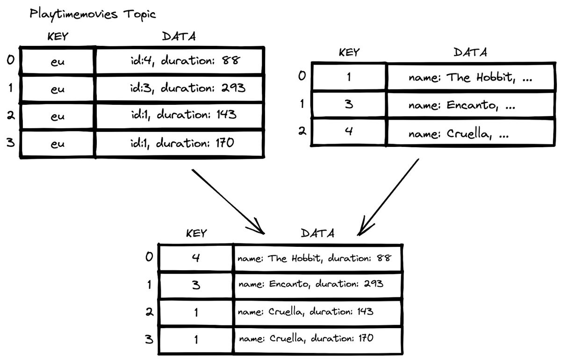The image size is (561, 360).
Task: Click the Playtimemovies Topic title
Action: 93,14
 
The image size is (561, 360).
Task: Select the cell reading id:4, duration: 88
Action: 180,61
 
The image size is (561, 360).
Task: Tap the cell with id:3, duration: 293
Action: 180,88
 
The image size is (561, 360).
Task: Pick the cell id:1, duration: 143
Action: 180,115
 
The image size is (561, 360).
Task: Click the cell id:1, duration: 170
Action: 180,144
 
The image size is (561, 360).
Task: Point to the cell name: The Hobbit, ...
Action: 470,77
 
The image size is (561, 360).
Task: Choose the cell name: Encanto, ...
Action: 470,105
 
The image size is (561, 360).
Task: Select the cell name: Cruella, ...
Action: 470,132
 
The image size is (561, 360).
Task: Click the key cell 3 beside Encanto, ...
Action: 349,104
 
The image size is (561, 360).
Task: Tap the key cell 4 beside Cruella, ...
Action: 349,131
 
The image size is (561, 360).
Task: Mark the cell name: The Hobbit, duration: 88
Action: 317,258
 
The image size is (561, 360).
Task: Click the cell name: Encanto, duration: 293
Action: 317,285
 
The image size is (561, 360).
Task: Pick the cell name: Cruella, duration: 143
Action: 317,312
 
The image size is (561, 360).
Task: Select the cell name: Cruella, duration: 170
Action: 317,340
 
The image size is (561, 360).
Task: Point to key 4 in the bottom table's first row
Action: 196,258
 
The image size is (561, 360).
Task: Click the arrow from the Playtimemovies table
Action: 228,202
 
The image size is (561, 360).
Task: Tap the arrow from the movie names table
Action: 388,197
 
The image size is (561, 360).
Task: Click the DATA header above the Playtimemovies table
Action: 179,36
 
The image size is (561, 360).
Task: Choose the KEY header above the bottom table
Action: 196,233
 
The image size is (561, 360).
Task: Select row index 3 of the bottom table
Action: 149,339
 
